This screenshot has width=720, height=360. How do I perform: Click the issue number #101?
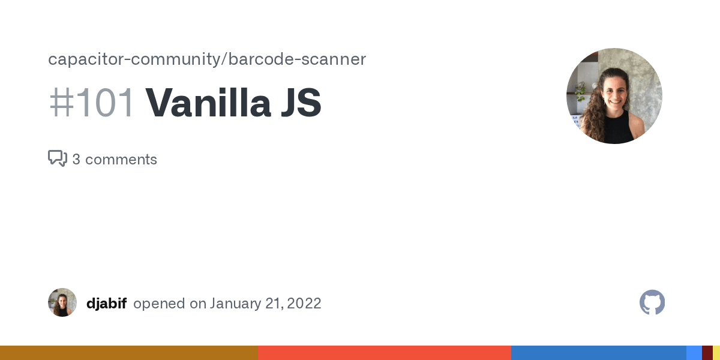point(91,103)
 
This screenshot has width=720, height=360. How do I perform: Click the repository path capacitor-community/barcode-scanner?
point(206,59)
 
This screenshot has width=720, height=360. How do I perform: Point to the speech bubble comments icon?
point(57,158)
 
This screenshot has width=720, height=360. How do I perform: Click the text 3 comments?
point(115,160)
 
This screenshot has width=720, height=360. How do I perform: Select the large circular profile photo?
point(614,96)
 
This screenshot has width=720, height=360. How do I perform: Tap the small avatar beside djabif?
point(62,302)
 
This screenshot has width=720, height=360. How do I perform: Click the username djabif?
point(106,303)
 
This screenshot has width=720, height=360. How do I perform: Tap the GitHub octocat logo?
point(652,302)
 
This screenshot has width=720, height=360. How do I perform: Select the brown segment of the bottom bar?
point(128,353)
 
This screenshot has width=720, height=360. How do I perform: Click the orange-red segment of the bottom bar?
point(384,353)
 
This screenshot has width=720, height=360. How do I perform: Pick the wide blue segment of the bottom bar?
point(598,353)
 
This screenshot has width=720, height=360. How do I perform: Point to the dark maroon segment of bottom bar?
point(707,353)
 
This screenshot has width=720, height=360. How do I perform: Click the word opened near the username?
point(159,303)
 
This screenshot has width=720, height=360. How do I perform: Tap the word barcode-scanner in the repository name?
point(297,59)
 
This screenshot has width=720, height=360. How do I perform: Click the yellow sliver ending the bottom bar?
point(716,353)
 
